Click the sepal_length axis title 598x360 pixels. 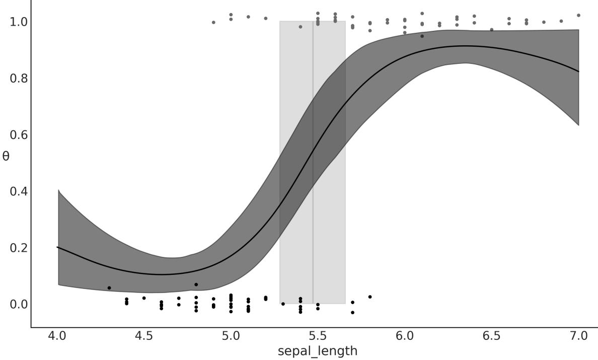click(x=318, y=351)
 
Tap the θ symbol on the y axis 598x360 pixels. click(x=6, y=156)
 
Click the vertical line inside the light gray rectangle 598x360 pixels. click(x=313, y=161)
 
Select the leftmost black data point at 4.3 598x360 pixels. click(x=109, y=288)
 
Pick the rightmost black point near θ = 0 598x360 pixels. click(x=370, y=297)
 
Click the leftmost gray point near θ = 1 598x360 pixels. click(x=213, y=22)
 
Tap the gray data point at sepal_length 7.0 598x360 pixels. click(x=578, y=15)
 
